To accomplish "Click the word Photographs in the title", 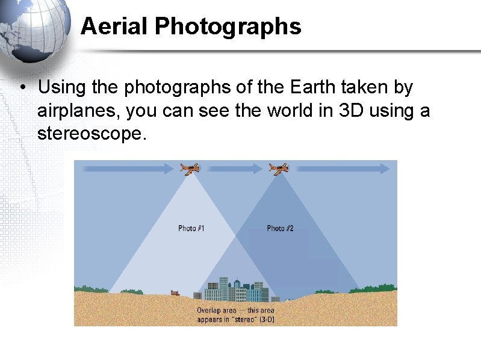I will coord(228,26).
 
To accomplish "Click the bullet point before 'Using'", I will coord(21,88).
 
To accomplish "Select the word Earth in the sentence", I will coord(314,87).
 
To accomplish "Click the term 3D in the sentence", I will coord(326,111).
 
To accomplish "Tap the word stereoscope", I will coord(91,134).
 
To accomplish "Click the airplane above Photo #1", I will coord(190,169).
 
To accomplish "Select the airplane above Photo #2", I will coord(279,169).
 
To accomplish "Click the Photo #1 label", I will coord(191,228).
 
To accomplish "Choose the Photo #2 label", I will coord(280,228).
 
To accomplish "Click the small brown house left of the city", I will coord(175,293).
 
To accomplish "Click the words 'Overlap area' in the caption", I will coord(213,311).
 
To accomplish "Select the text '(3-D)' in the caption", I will coord(266,319).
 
